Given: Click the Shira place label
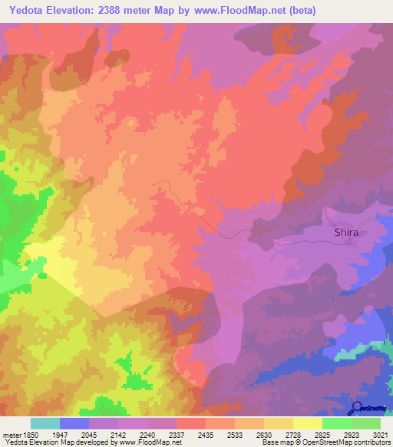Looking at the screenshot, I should [346, 231].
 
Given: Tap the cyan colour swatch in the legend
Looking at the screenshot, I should [45, 423].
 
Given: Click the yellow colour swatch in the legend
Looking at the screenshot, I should [308, 423].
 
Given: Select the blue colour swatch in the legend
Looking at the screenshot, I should [74, 423].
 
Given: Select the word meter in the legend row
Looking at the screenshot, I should [13, 434].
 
